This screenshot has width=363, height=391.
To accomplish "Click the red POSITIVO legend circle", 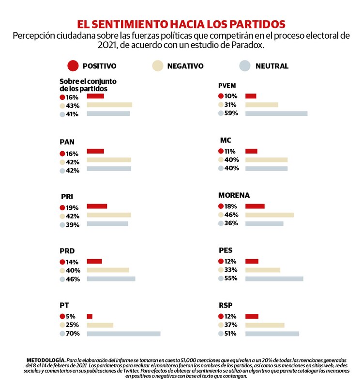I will pyautogui.click(x=73, y=66).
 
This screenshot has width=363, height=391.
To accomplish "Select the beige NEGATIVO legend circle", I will pyautogui.click(x=158, y=66).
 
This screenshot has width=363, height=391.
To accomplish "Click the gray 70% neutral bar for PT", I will pyautogui.click(x=123, y=333).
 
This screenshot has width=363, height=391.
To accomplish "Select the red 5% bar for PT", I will pyautogui.click(x=90, y=316).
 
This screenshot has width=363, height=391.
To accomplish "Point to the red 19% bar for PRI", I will pyautogui.click(x=97, y=206).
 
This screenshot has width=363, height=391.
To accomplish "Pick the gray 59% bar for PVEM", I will pyautogui.click(x=276, y=113).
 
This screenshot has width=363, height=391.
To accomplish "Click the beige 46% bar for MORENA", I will pyautogui.click(x=270, y=215).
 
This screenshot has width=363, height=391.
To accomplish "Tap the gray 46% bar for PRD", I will pyautogui.click(x=111, y=279).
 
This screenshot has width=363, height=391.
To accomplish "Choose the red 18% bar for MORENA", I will pyautogui.click(x=255, y=206).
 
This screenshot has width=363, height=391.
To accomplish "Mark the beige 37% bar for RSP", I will pyautogui.click(x=265, y=325).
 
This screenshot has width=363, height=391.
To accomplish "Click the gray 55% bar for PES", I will pyautogui.click(x=274, y=279).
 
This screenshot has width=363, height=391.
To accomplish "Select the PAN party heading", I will pyautogui.click(x=67, y=142).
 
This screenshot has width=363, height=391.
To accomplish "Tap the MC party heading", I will pyautogui.click(x=226, y=141).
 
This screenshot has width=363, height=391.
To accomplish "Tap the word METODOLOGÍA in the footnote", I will pyautogui.click(x=46, y=361).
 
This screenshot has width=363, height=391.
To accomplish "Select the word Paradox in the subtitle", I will pyautogui.click(x=247, y=45).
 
